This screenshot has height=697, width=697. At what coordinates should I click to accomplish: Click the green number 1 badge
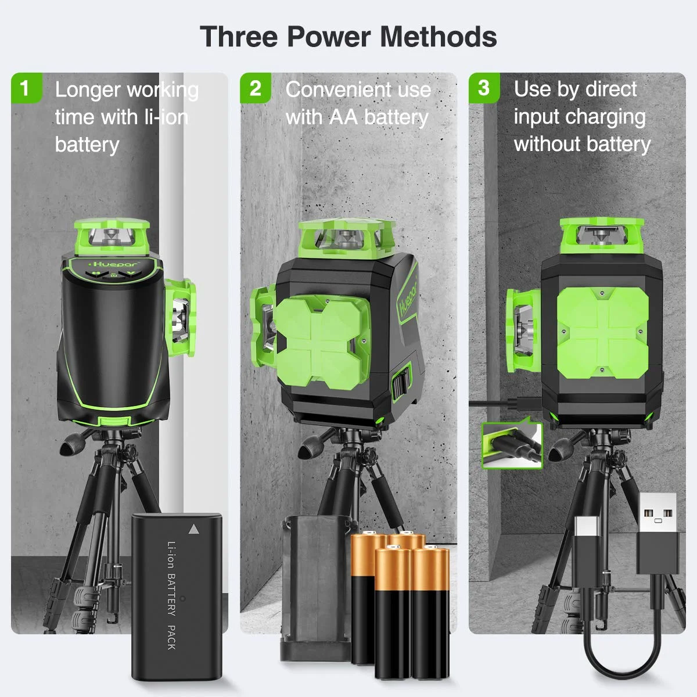(25, 88)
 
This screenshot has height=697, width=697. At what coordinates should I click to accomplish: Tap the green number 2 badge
(255, 88)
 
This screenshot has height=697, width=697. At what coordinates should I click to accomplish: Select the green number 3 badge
(483, 88)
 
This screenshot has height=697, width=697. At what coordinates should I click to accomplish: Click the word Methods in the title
(439, 37)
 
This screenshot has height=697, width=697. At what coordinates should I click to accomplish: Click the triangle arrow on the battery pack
(193, 529)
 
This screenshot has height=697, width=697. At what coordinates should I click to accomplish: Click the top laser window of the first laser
(110, 237)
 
